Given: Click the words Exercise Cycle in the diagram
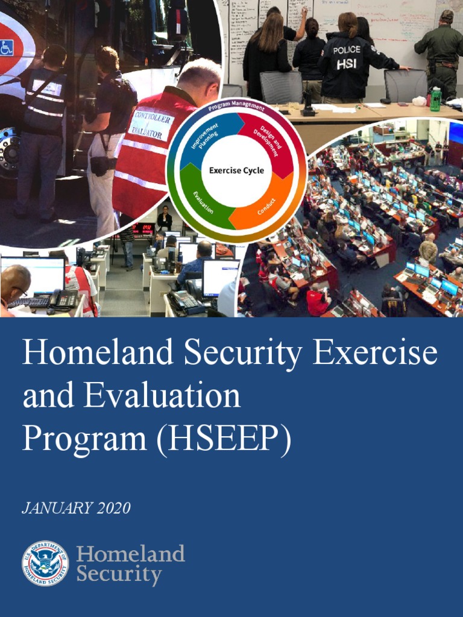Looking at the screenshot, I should point(236,171).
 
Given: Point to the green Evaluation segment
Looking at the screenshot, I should point(203,203).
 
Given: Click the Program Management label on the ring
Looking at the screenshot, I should point(236,107).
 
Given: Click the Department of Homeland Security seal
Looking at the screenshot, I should point(45,563).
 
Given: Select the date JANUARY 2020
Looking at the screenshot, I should point(76,508).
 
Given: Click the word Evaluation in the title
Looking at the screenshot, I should point(162,396).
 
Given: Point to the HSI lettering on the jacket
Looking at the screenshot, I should point(347,64).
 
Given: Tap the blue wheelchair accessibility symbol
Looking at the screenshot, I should point(7,47).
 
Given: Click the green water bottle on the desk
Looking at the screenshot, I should point(435,99).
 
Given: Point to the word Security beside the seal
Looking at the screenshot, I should point(119,574).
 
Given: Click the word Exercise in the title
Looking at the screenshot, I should point(375,354).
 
